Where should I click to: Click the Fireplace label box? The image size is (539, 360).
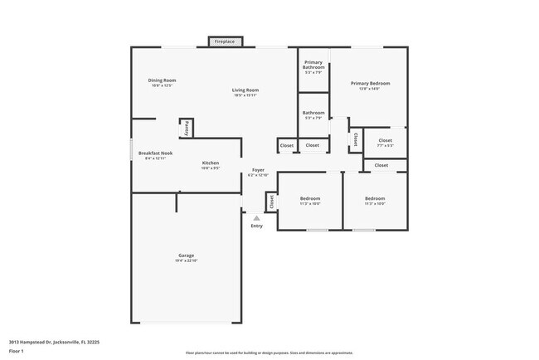click(x=224, y=41)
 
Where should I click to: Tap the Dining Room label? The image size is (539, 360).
click(x=162, y=80)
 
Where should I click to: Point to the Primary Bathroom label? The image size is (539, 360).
click(x=313, y=65)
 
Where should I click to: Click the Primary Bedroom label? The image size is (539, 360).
click(x=370, y=84)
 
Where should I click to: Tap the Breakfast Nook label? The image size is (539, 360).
click(x=155, y=153)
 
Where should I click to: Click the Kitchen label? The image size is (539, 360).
click(x=211, y=163)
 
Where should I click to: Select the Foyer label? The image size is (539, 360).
click(x=259, y=171)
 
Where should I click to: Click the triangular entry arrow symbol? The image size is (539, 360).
click(x=256, y=218)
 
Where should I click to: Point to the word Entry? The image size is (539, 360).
click(x=256, y=226)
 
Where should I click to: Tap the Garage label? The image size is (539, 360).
click(x=186, y=255)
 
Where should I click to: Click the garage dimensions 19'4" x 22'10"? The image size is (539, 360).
click(x=186, y=260)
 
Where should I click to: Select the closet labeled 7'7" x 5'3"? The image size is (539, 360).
click(x=385, y=143)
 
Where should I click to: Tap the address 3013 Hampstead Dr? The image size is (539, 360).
click(x=50, y=341)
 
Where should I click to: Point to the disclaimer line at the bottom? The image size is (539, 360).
click(x=269, y=353)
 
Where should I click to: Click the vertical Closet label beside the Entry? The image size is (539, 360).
click(x=271, y=201)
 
